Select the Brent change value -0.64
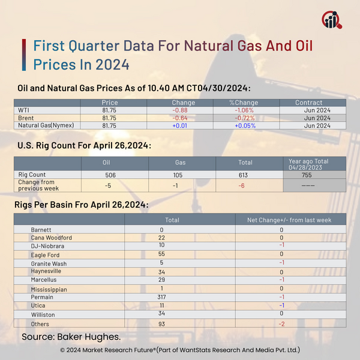[x=179, y=118]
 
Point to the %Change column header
[x=244, y=103]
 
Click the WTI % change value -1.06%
[x=244, y=110]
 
